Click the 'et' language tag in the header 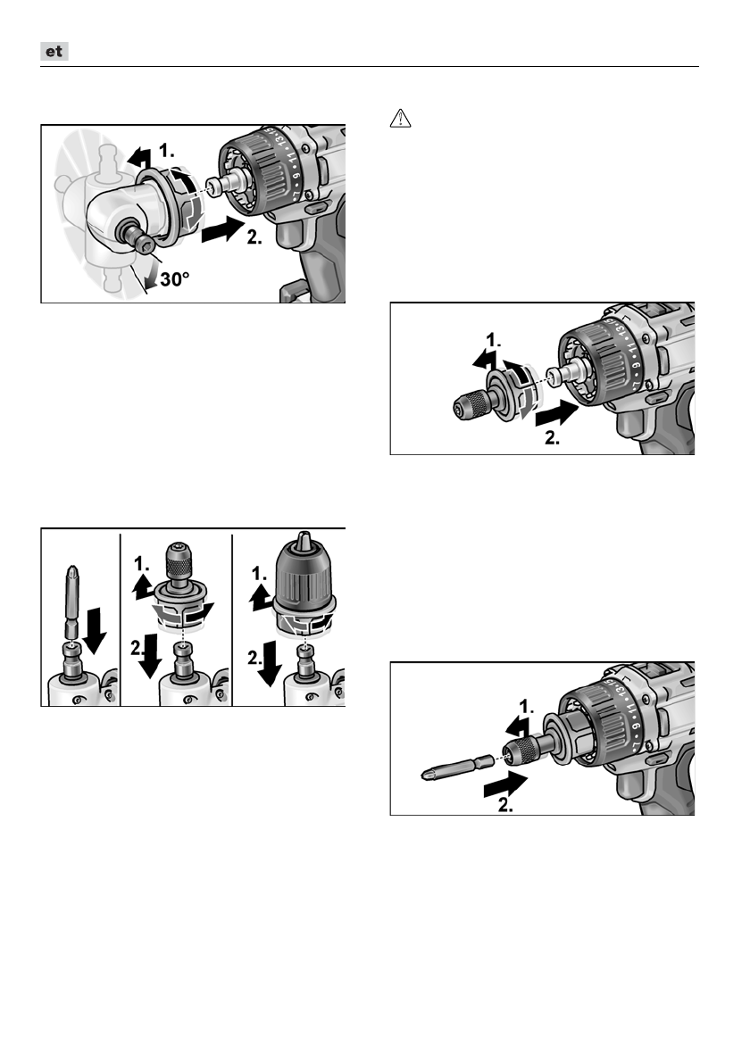pyautogui.click(x=55, y=53)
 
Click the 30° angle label pyautogui.click(x=170, y=280)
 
